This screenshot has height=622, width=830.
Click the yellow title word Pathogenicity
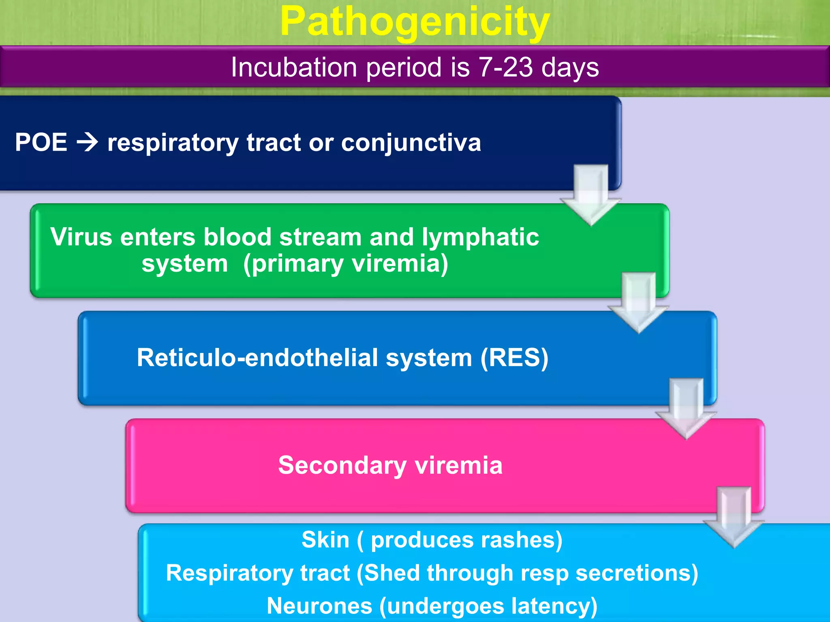415,22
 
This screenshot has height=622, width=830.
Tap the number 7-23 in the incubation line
505,67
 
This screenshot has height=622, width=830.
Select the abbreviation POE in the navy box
41,143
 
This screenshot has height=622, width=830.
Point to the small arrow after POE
87,143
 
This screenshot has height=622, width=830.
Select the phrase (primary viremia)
346,264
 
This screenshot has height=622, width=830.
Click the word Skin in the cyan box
325,540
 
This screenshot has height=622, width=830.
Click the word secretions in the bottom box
636,573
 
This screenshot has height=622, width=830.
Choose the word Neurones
319,607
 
